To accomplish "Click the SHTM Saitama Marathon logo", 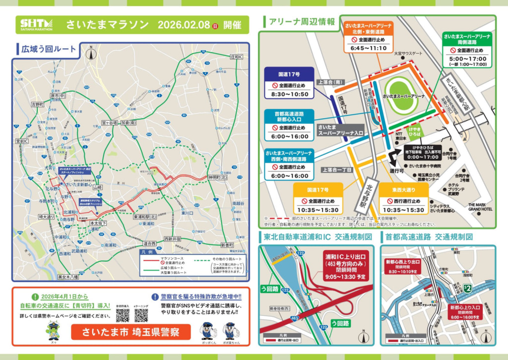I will pos(35,24).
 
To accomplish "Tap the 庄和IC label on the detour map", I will pos(237,57).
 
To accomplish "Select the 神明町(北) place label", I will pos(216,178).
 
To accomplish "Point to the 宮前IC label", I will pos(22,142).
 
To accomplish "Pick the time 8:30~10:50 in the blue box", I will pos(290,94).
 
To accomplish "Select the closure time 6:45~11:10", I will pos(369,48).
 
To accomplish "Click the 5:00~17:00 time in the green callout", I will pos(467,59).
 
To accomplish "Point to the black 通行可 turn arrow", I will pos(394,159).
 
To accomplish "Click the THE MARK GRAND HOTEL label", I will pos(480,207).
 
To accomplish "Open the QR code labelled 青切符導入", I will pos(123,315).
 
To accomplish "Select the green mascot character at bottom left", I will pos(53,330).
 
